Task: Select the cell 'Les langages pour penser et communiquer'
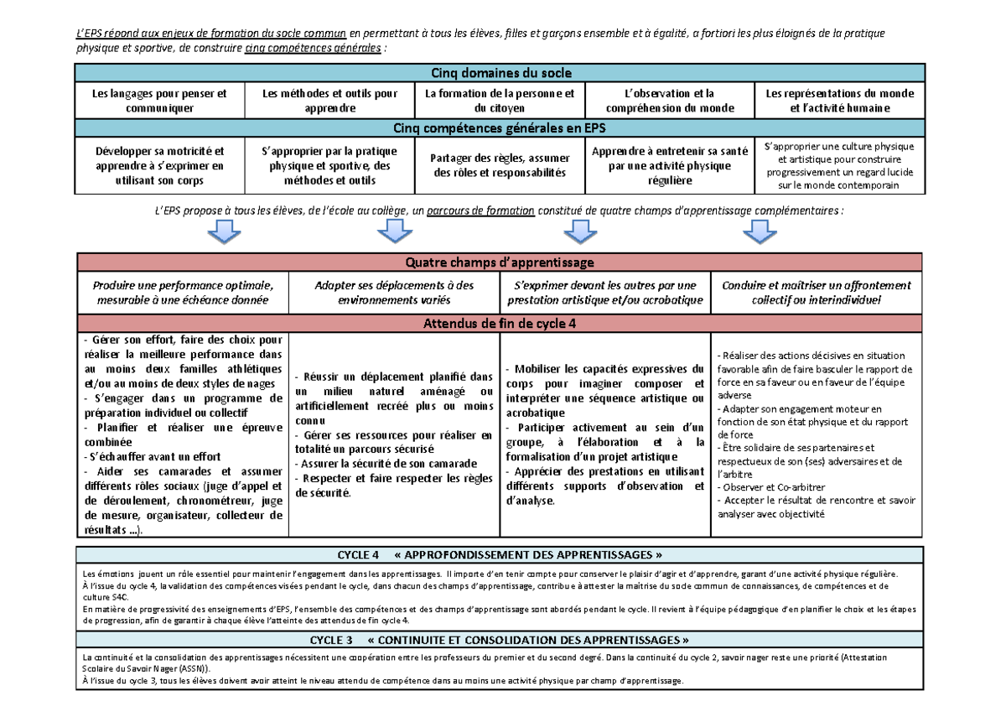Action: [159, 101]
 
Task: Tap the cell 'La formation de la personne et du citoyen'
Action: [500, 101]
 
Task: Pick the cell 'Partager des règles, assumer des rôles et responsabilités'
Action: [500, 165]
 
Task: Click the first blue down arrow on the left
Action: [224, 231]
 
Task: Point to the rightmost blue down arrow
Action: [760, 231]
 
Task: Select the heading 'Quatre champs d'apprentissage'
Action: [500, 262]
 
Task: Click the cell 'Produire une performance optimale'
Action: [183, 292]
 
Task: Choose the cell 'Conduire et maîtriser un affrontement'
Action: [817, 292]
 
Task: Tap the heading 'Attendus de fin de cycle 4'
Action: [500, 323]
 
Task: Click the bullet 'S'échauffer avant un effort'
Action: [153, 456]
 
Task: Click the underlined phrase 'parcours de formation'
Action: [480, 210]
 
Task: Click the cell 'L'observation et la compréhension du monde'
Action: [669, 101]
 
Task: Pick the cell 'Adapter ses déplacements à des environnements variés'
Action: [394, 292]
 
